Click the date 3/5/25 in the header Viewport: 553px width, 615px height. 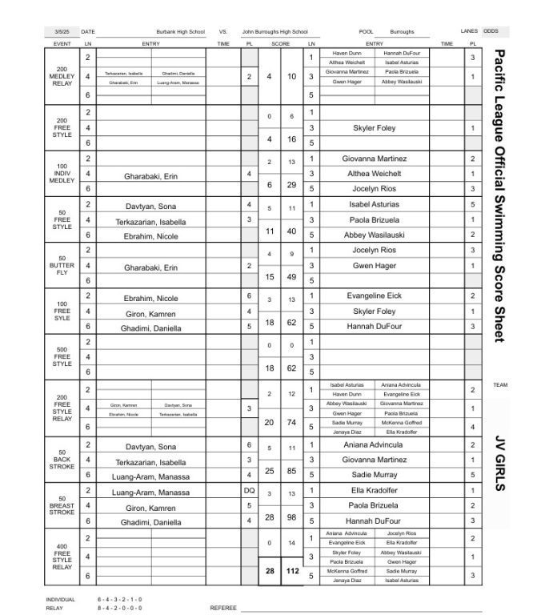59,32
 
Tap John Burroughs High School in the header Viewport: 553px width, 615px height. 275,32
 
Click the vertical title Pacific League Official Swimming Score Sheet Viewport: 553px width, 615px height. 499,196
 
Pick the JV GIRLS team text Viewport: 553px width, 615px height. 500,463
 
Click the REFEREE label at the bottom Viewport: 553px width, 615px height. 223,608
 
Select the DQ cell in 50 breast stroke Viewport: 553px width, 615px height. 249,491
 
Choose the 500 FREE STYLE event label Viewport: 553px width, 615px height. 62,357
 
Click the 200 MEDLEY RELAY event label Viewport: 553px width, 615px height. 62,76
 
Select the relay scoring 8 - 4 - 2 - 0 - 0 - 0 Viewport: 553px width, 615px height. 120,607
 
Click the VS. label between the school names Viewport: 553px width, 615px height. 222,32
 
